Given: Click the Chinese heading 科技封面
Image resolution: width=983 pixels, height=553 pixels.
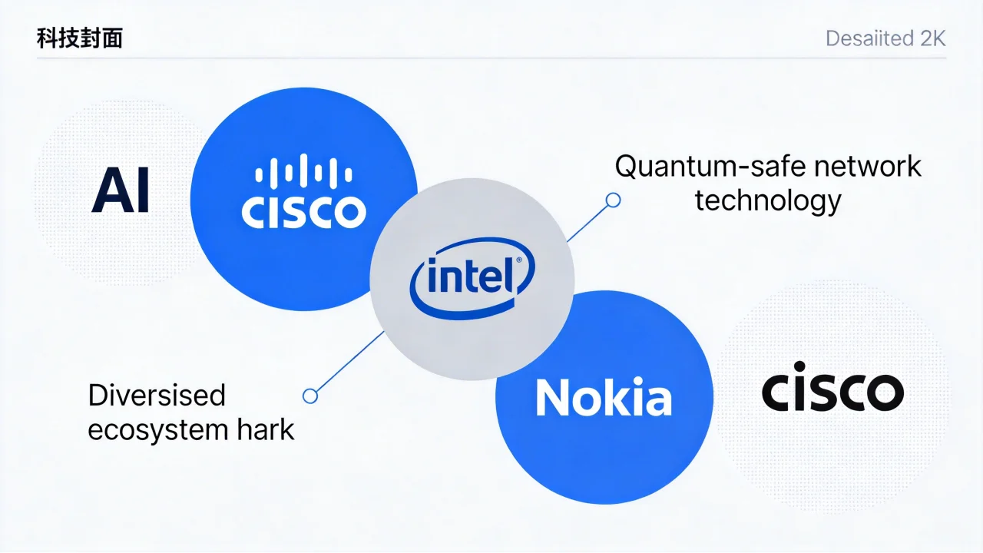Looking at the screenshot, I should pos(79,38).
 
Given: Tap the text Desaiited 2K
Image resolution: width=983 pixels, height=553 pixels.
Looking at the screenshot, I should pos(885,38).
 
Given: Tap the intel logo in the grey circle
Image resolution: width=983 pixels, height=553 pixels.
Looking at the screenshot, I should pos(471,278).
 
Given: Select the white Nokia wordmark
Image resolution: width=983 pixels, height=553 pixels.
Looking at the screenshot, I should pos(604,399).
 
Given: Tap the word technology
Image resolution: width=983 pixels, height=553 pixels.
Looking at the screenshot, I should pos(768,200).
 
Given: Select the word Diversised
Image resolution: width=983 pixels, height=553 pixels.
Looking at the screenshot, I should pos(157,396).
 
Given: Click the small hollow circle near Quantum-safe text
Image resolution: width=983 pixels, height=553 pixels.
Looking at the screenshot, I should pos(613,200).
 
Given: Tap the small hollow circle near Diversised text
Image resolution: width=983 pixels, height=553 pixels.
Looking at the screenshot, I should pos(310,396).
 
